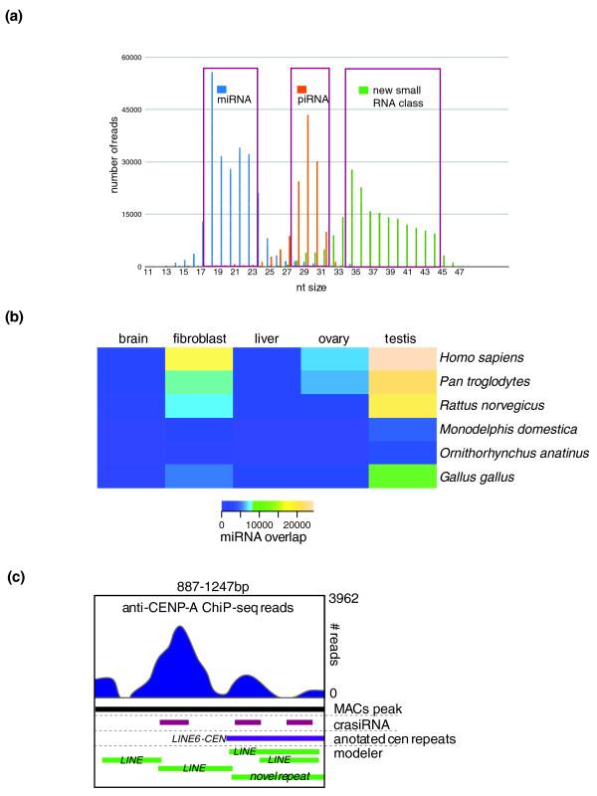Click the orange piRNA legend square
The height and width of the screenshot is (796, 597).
click(301, 89)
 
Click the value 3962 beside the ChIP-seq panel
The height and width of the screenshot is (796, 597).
click(346, 599)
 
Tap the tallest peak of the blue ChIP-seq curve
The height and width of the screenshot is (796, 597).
click(178, 628)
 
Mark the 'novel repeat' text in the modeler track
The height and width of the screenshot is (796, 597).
click(283, 774)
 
